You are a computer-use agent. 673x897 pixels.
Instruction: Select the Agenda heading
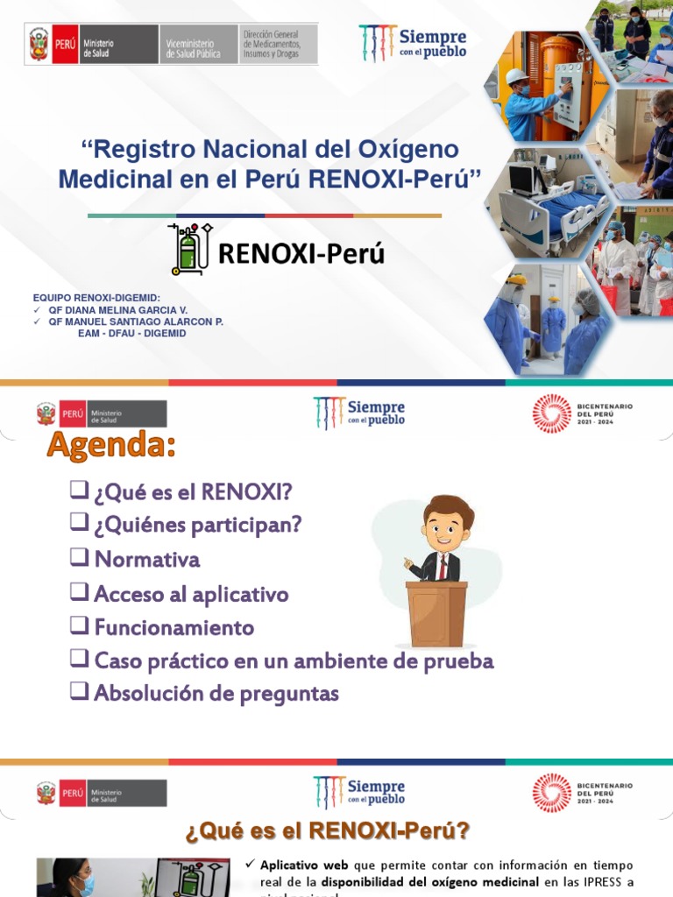point(111,446)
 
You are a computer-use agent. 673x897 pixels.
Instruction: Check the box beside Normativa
point(79,557)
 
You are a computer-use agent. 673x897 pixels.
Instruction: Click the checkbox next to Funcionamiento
point(79,625)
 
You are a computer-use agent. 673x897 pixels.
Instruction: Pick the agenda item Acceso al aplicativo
point(191,594)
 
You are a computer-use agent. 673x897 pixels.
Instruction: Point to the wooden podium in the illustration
point(436,613)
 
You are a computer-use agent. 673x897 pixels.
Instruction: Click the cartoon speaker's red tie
point(443,565)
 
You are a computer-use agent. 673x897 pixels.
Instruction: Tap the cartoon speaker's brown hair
point(449,508)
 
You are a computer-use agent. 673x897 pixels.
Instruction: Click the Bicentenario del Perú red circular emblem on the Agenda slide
point(551,413)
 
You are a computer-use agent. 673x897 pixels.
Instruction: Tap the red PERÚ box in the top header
point(65,44)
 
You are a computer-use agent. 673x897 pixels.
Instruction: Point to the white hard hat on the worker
point(517,77)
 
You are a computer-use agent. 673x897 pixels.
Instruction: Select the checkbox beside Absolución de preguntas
point(79,691)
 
